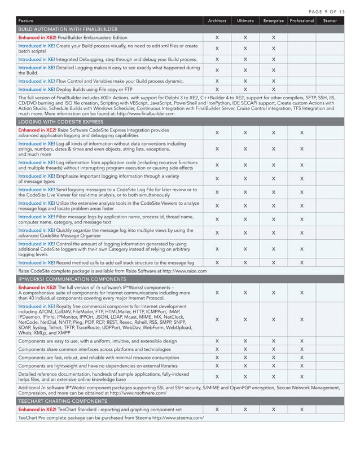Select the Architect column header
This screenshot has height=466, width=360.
tap(217, 21)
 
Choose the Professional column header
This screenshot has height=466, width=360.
tap(301, 21)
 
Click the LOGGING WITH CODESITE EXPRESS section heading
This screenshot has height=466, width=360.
tap(62, 121)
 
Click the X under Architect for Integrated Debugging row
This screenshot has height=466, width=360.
tap(217, 59)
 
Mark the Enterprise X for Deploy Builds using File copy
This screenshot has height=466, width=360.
tap(273, 89)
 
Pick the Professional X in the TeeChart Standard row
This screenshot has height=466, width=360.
tap(301, 410)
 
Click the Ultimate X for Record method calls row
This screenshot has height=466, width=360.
tap(245, 263)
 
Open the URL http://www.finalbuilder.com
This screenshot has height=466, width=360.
tap(143, 113)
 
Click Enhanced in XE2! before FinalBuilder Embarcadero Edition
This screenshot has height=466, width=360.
tap(37, 37)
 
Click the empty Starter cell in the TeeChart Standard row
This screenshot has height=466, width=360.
tap(329, 410)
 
